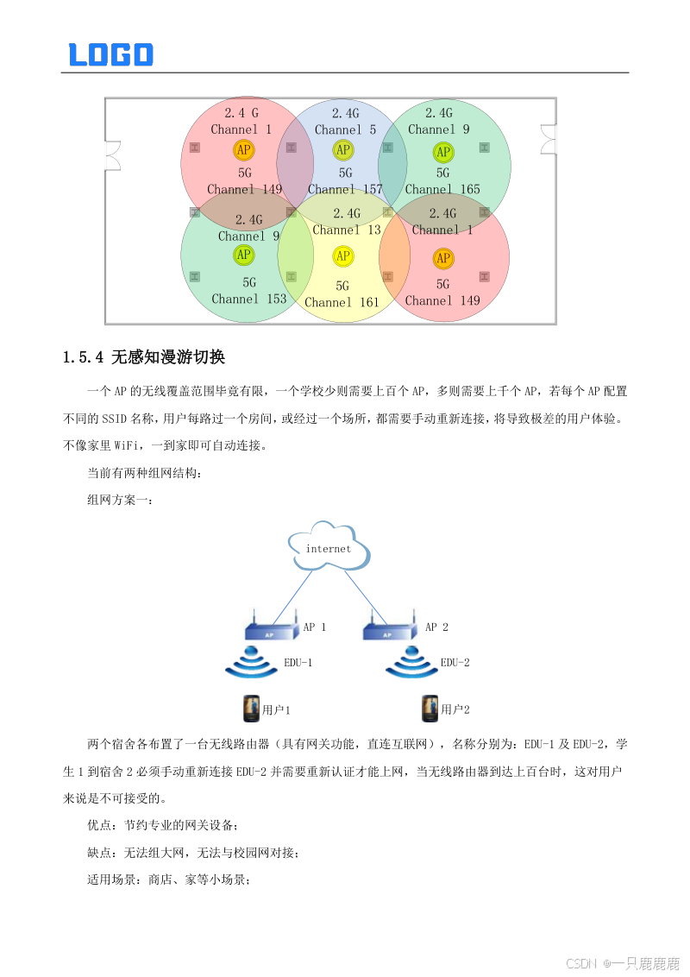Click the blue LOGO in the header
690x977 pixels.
click(x=110, y=54)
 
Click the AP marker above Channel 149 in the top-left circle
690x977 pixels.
click(x=244, y=150)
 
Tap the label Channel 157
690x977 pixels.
click(x=345, y=189)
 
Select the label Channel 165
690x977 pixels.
click(x=442, y=189)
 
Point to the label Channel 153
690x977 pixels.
click(x=248, y=299)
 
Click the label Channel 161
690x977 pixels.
click(x=342, y=302)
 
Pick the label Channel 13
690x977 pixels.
click(x=347, y=230)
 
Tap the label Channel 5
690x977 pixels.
click(x=345, y=129)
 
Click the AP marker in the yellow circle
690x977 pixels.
click(x=343, y=255)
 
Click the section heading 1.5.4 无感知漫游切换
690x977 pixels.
click(x=144, y=356)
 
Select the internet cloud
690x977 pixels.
click(x=329, y=547)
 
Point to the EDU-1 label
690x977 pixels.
click(x=298, y=663)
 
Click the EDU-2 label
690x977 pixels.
click(x=455, y=663)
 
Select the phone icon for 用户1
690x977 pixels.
click(x=251, y=709)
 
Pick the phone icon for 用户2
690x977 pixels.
click(x=430, y=709)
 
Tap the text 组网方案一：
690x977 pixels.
click(x=120, y=499)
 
